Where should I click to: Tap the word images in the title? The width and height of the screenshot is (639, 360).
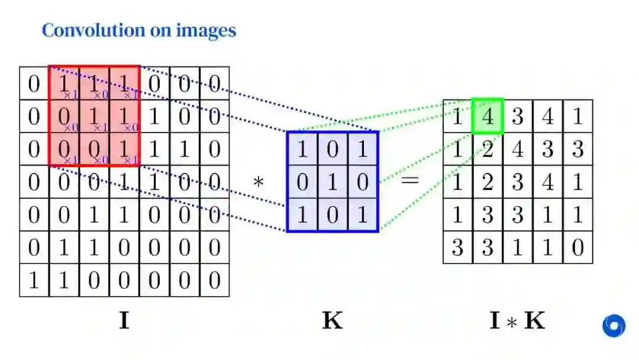(x=206, y=30)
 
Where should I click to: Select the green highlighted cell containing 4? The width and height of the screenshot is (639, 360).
(x=488, y=116)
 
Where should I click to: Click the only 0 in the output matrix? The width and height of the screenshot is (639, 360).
(x=578, y=247)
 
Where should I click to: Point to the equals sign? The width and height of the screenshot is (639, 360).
(x=409, y=181)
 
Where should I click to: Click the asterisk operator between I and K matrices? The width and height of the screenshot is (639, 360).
(x=258, y=182)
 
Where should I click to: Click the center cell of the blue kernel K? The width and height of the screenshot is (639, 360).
(x=332, y=181)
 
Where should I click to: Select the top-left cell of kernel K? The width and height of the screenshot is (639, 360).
(x=302, y=148)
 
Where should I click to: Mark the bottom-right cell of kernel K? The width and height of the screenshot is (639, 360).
(x=362, y=214)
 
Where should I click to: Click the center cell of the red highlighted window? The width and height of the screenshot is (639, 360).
(x=94, y=116)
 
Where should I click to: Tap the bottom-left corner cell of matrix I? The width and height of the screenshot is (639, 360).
(x=34, y=280)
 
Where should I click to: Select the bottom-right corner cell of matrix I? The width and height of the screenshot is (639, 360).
(x=214, y=280)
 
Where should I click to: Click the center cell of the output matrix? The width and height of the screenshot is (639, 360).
(x=518, y=182)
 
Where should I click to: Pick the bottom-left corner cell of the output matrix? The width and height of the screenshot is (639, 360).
(x=457, y=247)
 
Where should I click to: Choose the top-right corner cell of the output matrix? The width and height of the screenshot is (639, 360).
(x=578, y=116)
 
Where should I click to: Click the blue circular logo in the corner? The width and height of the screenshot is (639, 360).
(x=614, y=325)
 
